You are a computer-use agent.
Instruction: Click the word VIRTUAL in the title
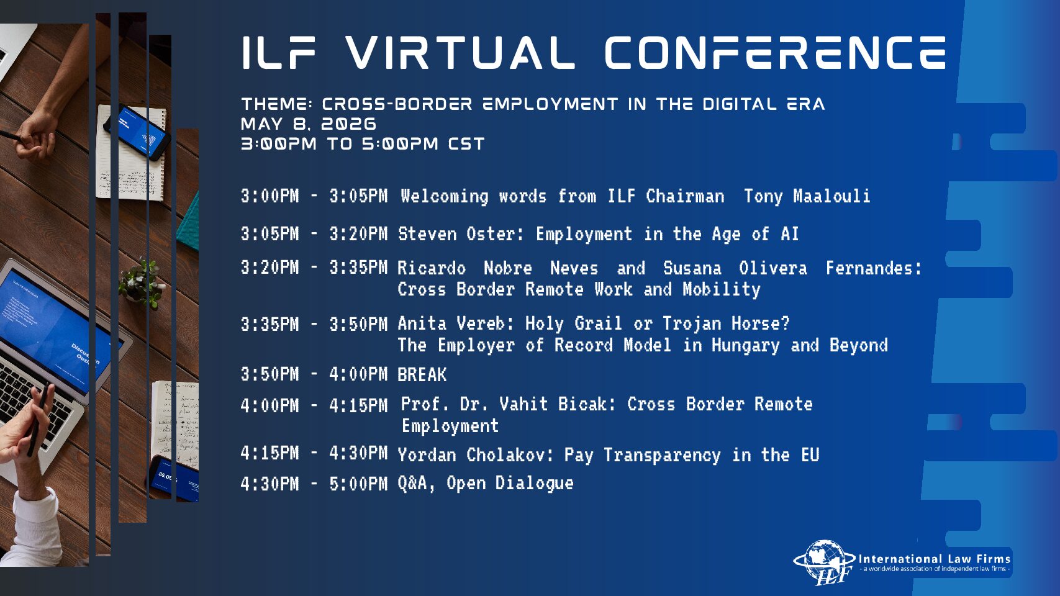[x=460, y=53]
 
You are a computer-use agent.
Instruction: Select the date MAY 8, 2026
[x=309, y=124]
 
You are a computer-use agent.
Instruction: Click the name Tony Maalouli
[x=807, y=196]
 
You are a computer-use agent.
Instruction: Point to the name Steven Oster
[x=460, y=233]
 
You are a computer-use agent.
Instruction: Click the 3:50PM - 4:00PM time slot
[x=314, y=374]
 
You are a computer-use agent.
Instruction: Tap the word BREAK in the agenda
[x=422, y=374]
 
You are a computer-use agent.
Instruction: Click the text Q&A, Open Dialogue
[x=486, y=484]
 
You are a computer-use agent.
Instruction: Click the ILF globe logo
[x=823, y=562]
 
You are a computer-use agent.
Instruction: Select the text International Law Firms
[x=935, y=559]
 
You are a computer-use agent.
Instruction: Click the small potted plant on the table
[x=140, y=284]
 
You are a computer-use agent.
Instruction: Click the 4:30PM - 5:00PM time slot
[x=314, y=484]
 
